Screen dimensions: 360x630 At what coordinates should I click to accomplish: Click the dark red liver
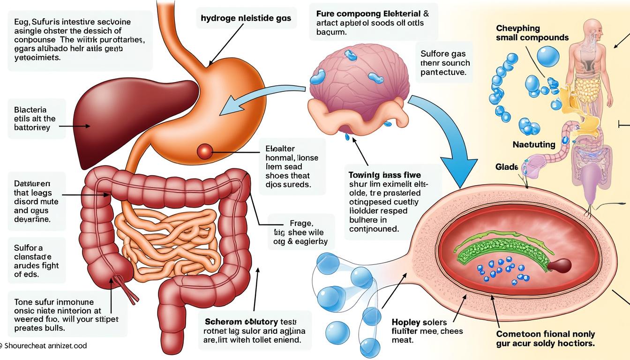[x=127, y=112]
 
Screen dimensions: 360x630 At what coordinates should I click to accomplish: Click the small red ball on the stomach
[x=205, y=150]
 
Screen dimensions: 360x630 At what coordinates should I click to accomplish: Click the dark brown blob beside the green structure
[x=560, y=265]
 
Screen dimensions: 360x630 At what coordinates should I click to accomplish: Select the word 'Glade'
[x=507, y=167]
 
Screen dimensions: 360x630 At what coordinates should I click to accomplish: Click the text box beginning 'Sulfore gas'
[x=445, y=63]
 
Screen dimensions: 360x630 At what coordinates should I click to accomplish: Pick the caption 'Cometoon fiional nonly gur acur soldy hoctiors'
[x=545, y=338]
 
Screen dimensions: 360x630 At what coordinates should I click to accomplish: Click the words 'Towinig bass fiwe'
[x=385, y=174]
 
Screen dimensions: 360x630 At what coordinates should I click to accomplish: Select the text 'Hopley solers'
[x=419, y=322]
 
